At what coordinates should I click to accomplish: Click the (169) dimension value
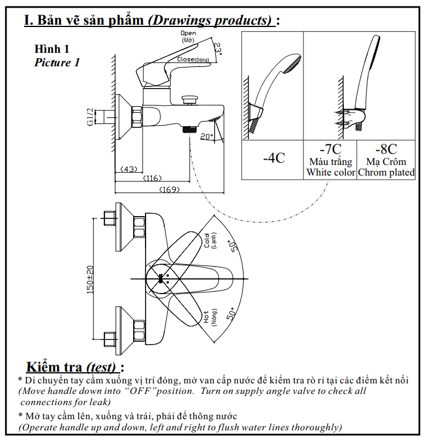tap(170, 190)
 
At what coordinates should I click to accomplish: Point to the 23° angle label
tap(218, 49)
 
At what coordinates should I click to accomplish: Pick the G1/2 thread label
tap(90, 116)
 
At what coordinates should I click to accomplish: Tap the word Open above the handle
tap(188, 33)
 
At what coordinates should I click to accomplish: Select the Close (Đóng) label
tap(193, 60)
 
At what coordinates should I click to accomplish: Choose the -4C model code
tap(273, 157)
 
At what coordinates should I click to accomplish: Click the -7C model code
tap(330, 149)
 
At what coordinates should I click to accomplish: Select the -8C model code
tap(386, 149)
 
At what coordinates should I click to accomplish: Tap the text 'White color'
tap(330, 173)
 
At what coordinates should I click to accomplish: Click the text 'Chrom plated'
tap(386, 173)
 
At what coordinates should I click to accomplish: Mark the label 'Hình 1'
tap(52, 49)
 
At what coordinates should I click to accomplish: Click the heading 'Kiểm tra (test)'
tap(75, 367)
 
